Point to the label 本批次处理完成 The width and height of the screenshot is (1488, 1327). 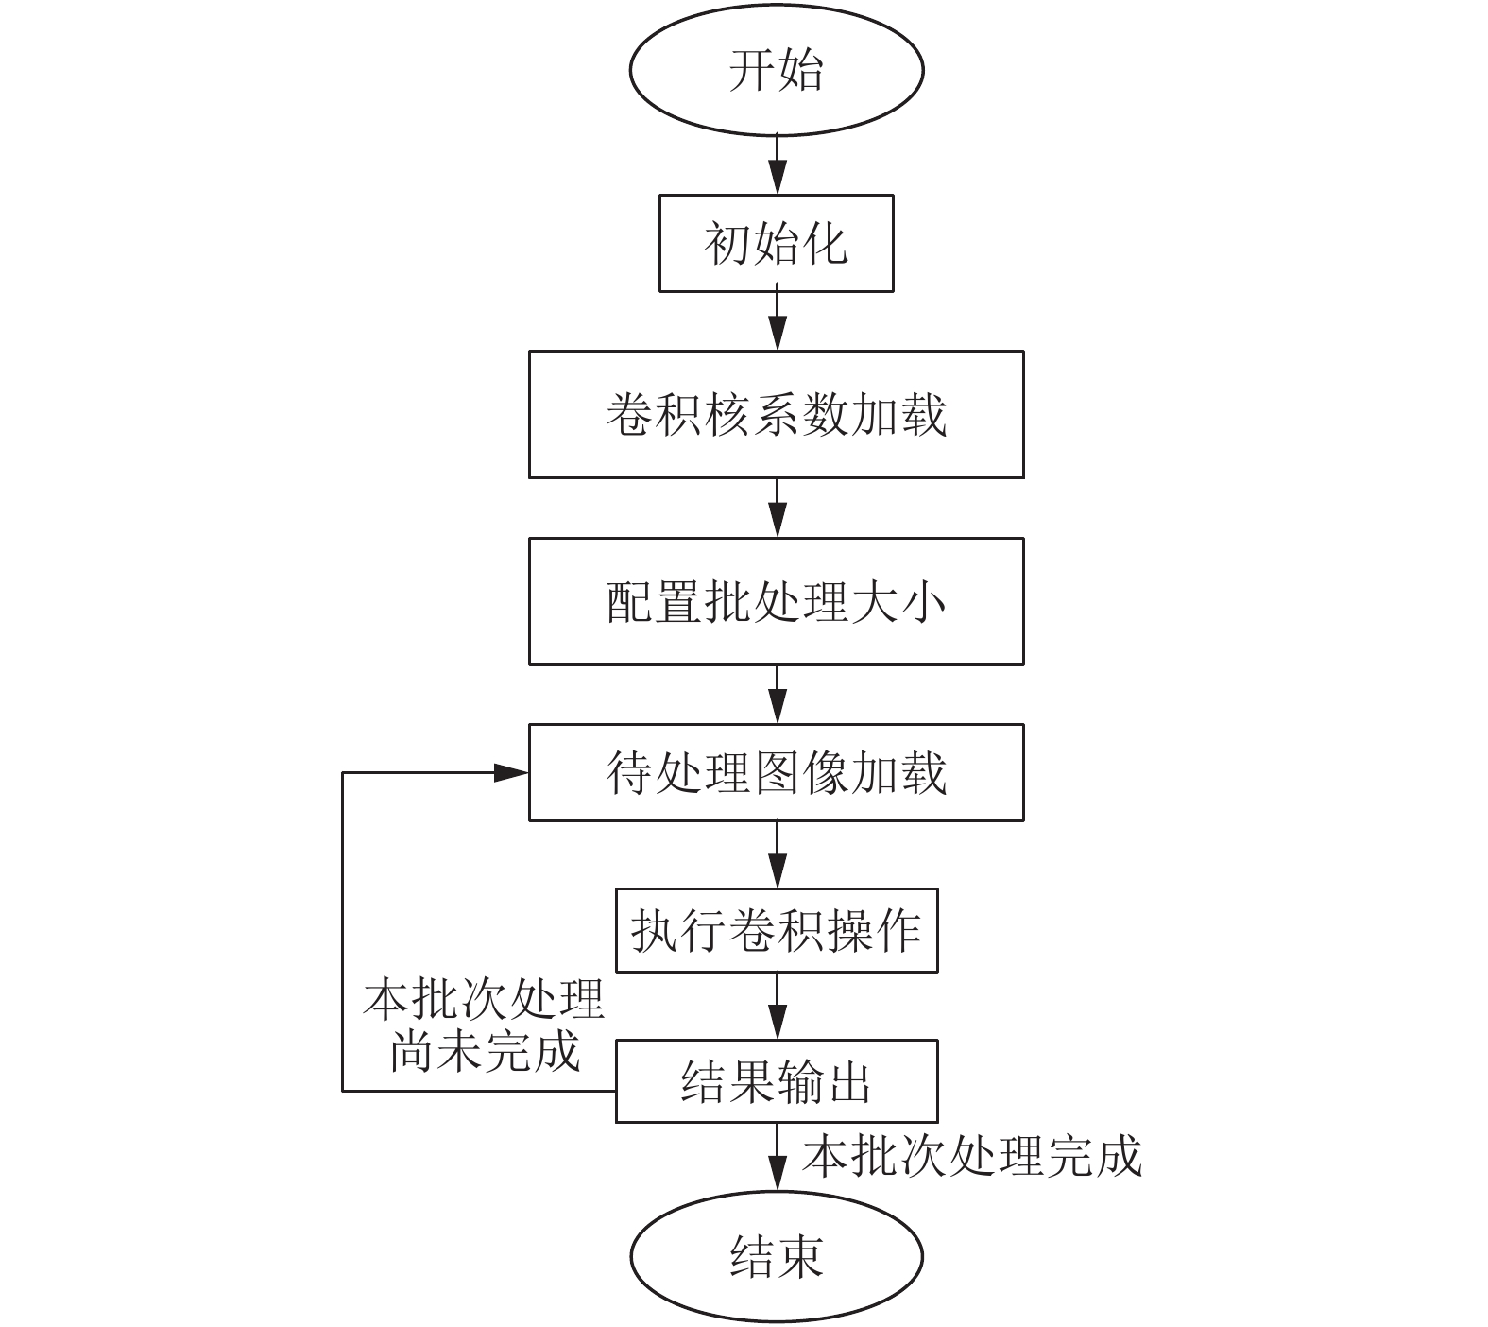pyautogui.click(x=972, y=1155)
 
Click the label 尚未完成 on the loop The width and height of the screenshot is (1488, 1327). pyautogui.click(x=485, y=1050)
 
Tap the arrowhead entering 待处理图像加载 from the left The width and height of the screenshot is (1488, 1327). pyautogui.click(x=512, y=772)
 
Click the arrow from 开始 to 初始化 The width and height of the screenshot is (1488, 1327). pyautogui.click(x=777, y=164)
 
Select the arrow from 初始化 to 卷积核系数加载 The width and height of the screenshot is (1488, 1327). pyautogui.click(x=777, y=321)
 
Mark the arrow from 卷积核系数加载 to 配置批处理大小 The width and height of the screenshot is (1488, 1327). pyautogui.click(x=777, y=508)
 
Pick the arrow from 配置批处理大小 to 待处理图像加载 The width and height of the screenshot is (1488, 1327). pyautogui.click(x=777, y=695)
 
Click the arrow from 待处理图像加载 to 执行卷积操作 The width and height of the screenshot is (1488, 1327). pyautogui.click(x=777, y=854)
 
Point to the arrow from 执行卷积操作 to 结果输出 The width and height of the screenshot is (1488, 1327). pyautogui.click(x=777, y=1006)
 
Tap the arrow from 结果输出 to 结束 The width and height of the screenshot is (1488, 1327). pyautogui.click(x=777, y=1157)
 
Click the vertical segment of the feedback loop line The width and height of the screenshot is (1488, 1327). pyautogui.click(x=342, y=932)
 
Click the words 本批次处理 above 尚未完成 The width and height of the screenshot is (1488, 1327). pyautogui.click(x=483, y=1000)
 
